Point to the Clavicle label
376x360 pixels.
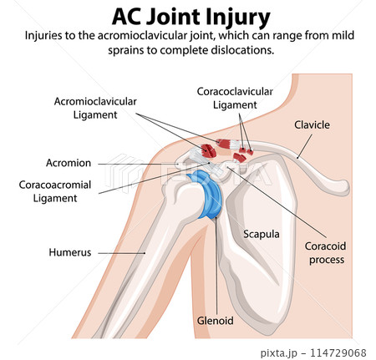tap(312, 124)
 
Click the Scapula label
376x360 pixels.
tap(261, 235)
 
